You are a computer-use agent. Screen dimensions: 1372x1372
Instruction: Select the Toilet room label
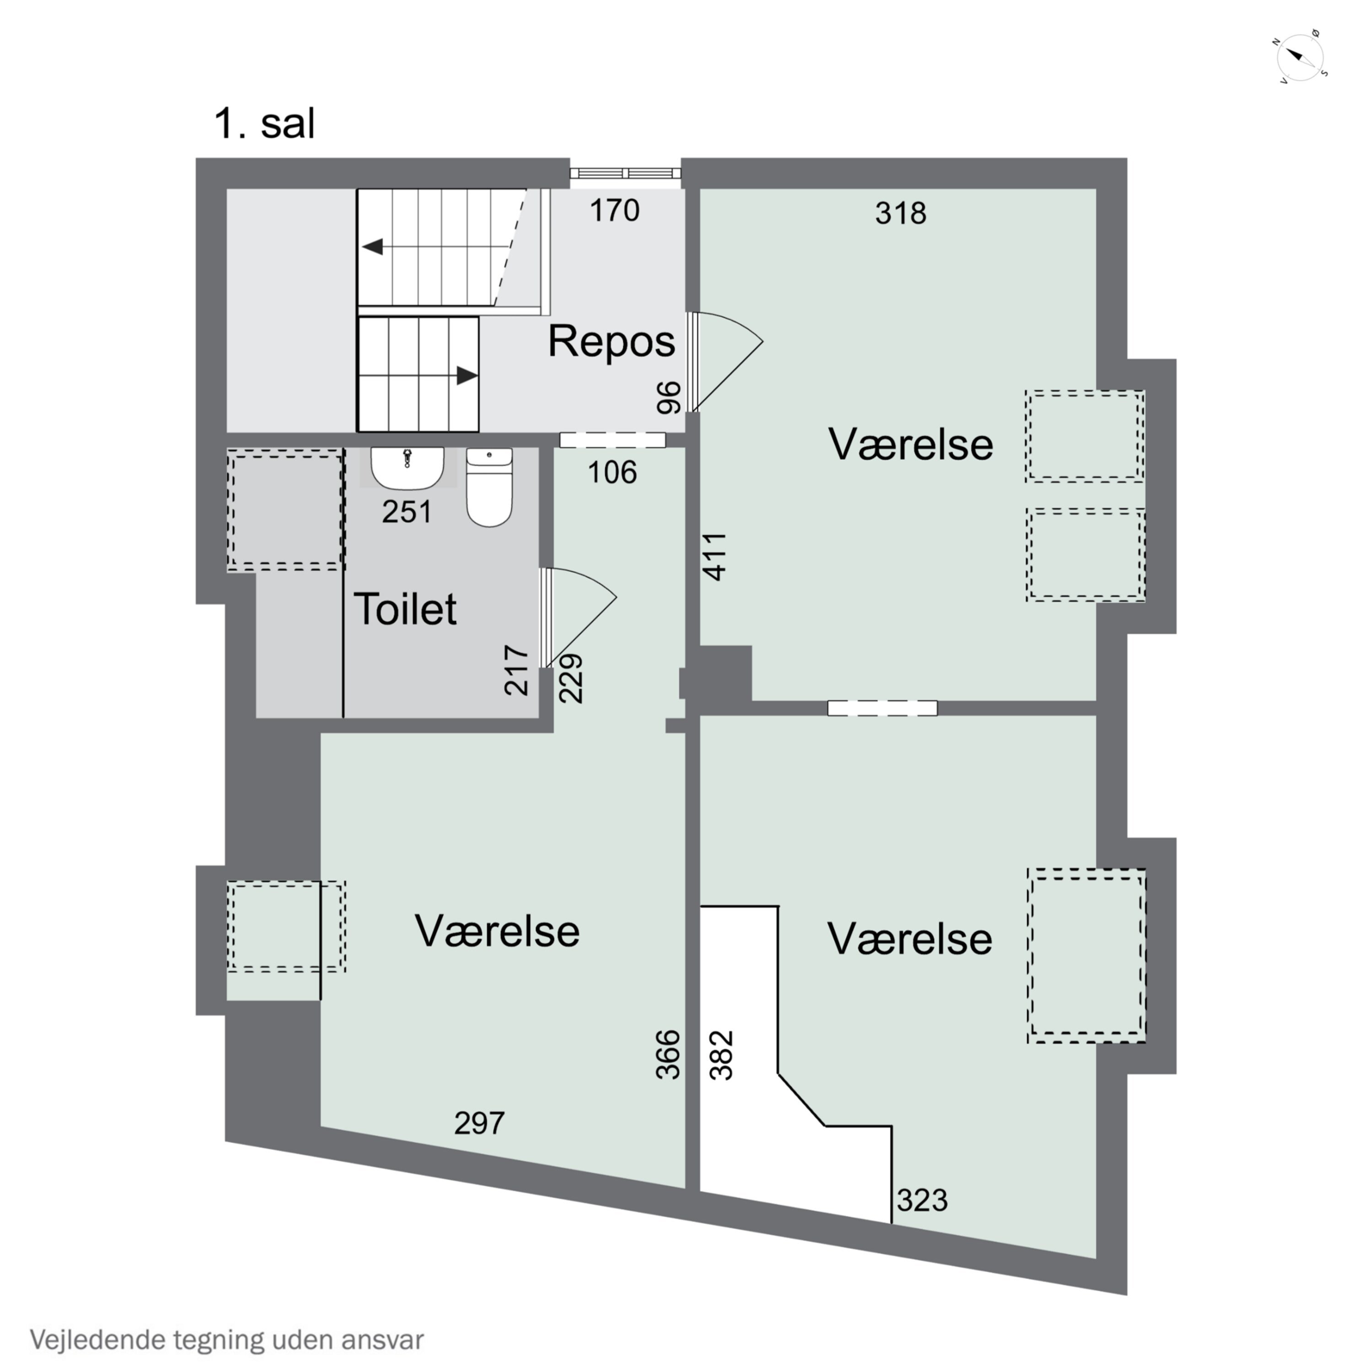coord(405,609)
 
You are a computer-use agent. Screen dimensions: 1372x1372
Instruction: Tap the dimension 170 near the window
coord(615,210)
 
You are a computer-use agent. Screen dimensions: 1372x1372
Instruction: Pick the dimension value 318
coord(900,213)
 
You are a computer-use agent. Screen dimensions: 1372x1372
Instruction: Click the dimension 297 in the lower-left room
coord(479,1123)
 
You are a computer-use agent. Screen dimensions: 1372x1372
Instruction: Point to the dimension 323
coord(922,1200)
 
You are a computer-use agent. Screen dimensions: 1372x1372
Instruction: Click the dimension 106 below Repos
coord(612,472)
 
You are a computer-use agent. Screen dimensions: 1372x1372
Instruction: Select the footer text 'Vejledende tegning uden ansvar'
coord(226,1340)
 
